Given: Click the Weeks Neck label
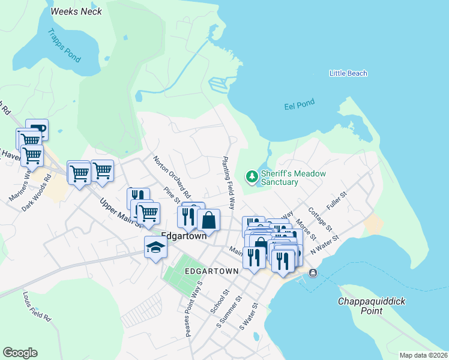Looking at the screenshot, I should tap(76, 11).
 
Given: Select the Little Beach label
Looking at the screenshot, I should tap(348, 73).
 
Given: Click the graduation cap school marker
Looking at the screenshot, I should tap(155, 247).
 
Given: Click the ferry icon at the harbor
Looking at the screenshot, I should tap(313, 273).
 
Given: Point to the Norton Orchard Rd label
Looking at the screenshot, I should tap(172, 178).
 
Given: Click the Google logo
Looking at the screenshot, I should tap(20, 353).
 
